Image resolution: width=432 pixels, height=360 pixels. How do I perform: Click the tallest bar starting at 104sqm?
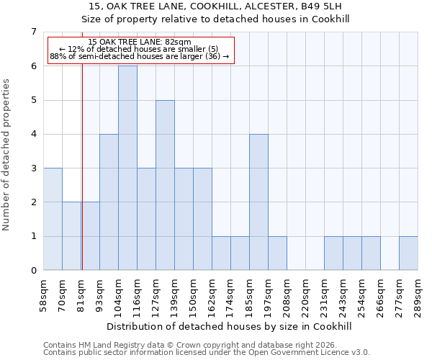coord(127,168)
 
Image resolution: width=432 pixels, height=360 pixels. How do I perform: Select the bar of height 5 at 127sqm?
coord(165,185)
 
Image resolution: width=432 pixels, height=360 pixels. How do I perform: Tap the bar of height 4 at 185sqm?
coord(258,202)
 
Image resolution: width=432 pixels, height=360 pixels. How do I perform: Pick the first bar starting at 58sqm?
coord(53,219)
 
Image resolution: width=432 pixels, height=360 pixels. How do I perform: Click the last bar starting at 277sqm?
coord(408,253)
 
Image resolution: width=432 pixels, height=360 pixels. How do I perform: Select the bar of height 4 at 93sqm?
coord(109,202)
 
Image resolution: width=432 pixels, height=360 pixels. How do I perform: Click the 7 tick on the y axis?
coord(33,32)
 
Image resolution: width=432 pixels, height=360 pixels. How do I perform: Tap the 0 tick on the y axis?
coord(33,271)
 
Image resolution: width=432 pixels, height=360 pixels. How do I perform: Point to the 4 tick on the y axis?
coord(33,134)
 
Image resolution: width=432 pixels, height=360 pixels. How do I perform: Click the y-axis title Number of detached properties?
coord(7,155)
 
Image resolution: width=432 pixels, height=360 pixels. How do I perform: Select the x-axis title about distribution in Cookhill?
coord(230,326)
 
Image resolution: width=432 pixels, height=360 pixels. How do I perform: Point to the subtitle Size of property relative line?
coord(215,19)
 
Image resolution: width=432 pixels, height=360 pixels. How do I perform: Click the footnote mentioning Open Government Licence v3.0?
coord(207,353)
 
